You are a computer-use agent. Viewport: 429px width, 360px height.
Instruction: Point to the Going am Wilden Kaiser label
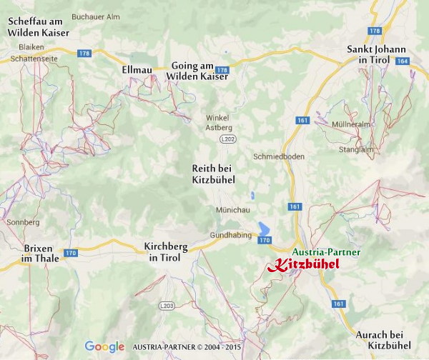(197, 70)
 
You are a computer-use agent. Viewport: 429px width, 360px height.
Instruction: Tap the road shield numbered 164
(402, 61)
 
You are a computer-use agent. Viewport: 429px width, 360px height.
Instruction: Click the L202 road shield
(227, 138)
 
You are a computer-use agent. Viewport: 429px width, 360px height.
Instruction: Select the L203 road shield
(167, 306)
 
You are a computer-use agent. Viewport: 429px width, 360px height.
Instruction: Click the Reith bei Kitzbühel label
(214, 174)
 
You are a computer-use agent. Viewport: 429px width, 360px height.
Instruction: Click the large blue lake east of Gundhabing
(264, 229)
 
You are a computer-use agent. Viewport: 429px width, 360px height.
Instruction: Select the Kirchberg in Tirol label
(166, 251)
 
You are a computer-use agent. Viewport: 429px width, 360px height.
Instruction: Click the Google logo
(105, 346)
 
